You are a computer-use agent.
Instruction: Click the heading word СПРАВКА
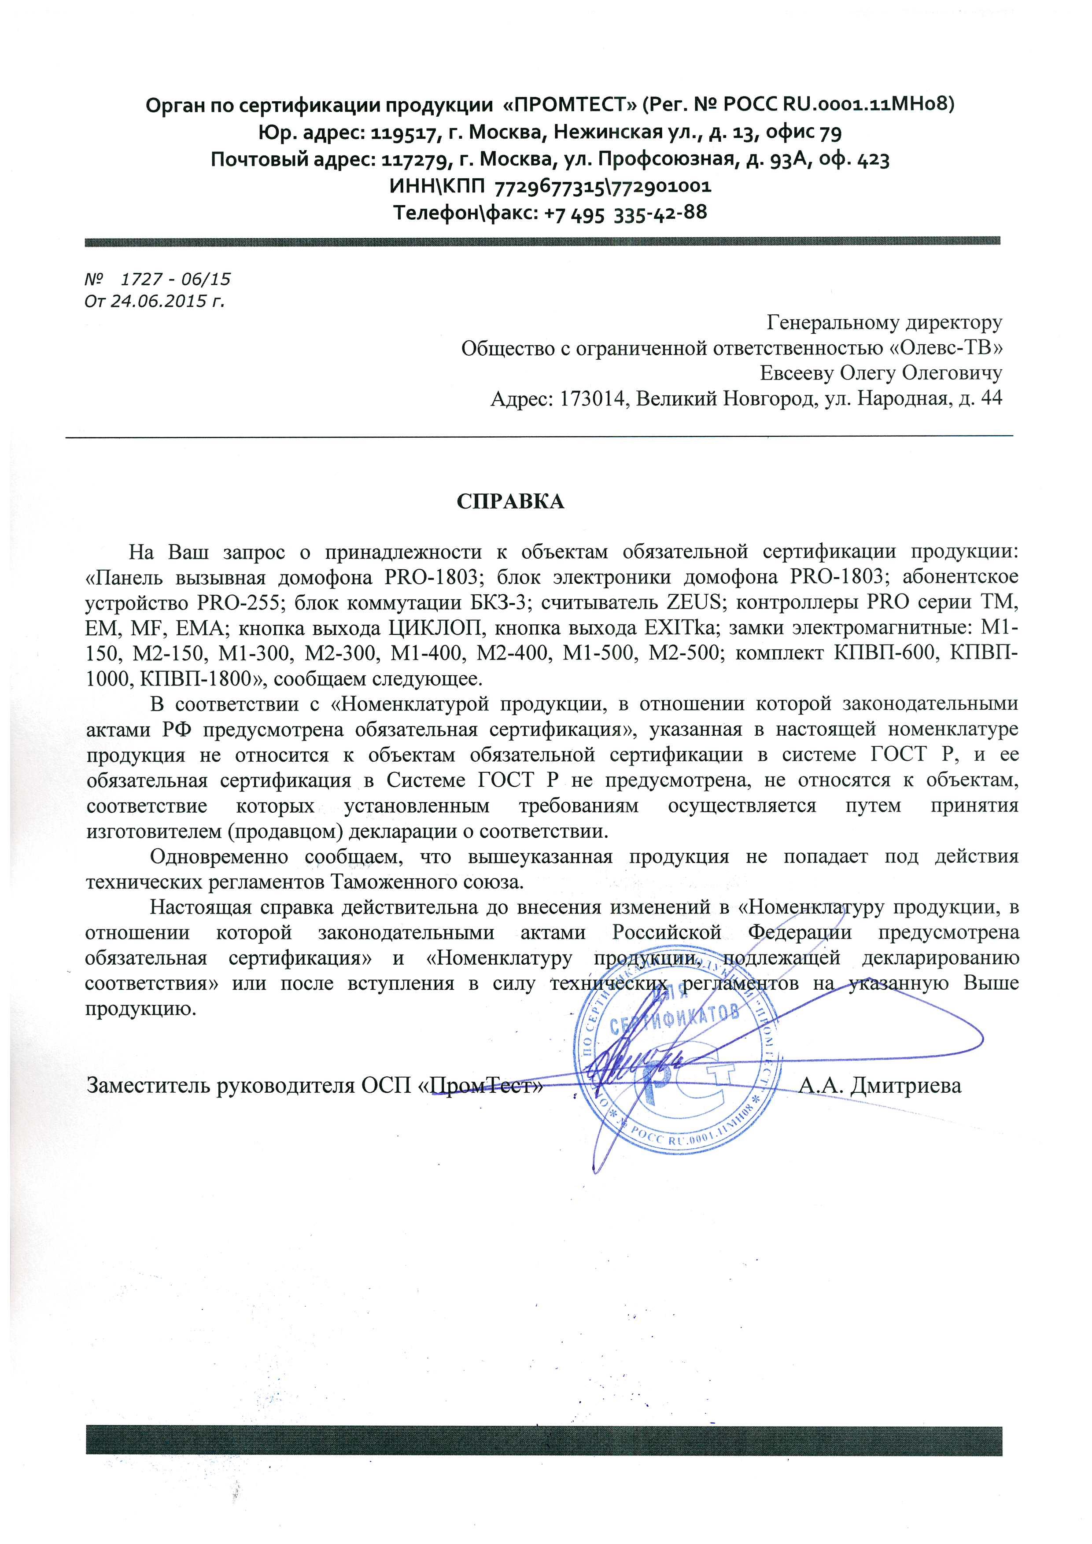click(511, 501)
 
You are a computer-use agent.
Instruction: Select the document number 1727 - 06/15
click(175, 280)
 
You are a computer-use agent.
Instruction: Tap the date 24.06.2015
click(159, 302)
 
